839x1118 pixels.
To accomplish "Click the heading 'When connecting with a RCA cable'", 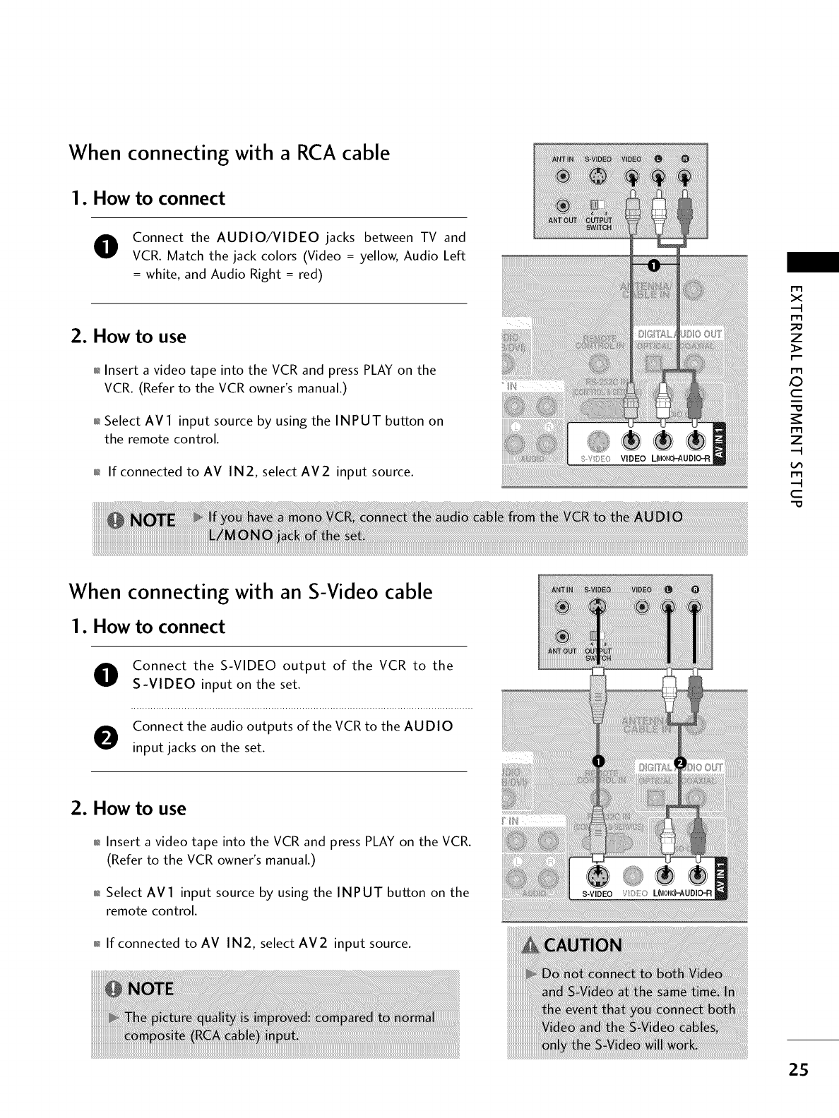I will tap(229, 152).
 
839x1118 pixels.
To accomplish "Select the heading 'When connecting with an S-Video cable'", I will tap(250, 591).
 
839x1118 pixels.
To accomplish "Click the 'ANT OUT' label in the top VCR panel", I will tap(561, 220).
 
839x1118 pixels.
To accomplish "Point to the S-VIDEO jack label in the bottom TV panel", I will tap(597, 894).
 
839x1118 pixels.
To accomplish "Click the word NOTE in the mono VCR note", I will tap(152, 519).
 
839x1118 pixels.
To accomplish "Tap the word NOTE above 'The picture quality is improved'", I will tap(150, 988).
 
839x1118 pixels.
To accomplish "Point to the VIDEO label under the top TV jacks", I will tap(633, 459).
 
